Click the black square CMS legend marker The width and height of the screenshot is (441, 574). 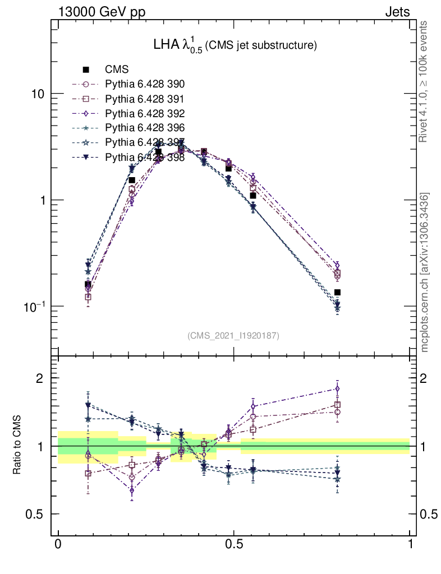coord(86,70)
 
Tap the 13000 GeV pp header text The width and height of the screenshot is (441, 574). coord(101,12)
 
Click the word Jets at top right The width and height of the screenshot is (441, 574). coord(397,12)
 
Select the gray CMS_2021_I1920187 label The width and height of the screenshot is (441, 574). coord(233,336)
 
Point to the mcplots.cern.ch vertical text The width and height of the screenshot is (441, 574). coord(425,273)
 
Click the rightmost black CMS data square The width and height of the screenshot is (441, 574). coord(337,292)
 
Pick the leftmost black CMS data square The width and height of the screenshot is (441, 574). coord(88,284)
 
